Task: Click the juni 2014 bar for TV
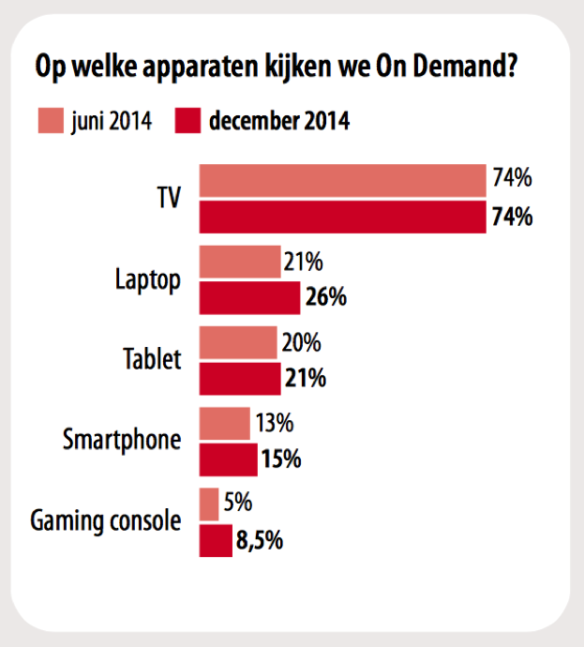[x=342, y=181]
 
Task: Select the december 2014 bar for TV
[x=342, y=218]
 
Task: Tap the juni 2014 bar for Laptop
[x=240, y=263]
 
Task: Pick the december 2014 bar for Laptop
[x=249, y=298]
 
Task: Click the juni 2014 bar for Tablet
[x=238, y=343]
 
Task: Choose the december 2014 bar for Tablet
[x=240, y=379]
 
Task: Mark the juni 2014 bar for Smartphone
[x=225, y=424]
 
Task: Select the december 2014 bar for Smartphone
[x=229, y=459]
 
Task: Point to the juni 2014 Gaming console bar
[x=209, y=504]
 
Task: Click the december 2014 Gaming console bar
[x=216, y=540]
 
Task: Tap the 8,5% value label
[x=262, y=541]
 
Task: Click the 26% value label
[x=325, y=298]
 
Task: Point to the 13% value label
[x=273, y=424]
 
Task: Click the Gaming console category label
[x=105, y=521]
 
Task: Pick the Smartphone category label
[x=122, y=439]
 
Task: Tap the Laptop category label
[x=147, y=279]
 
